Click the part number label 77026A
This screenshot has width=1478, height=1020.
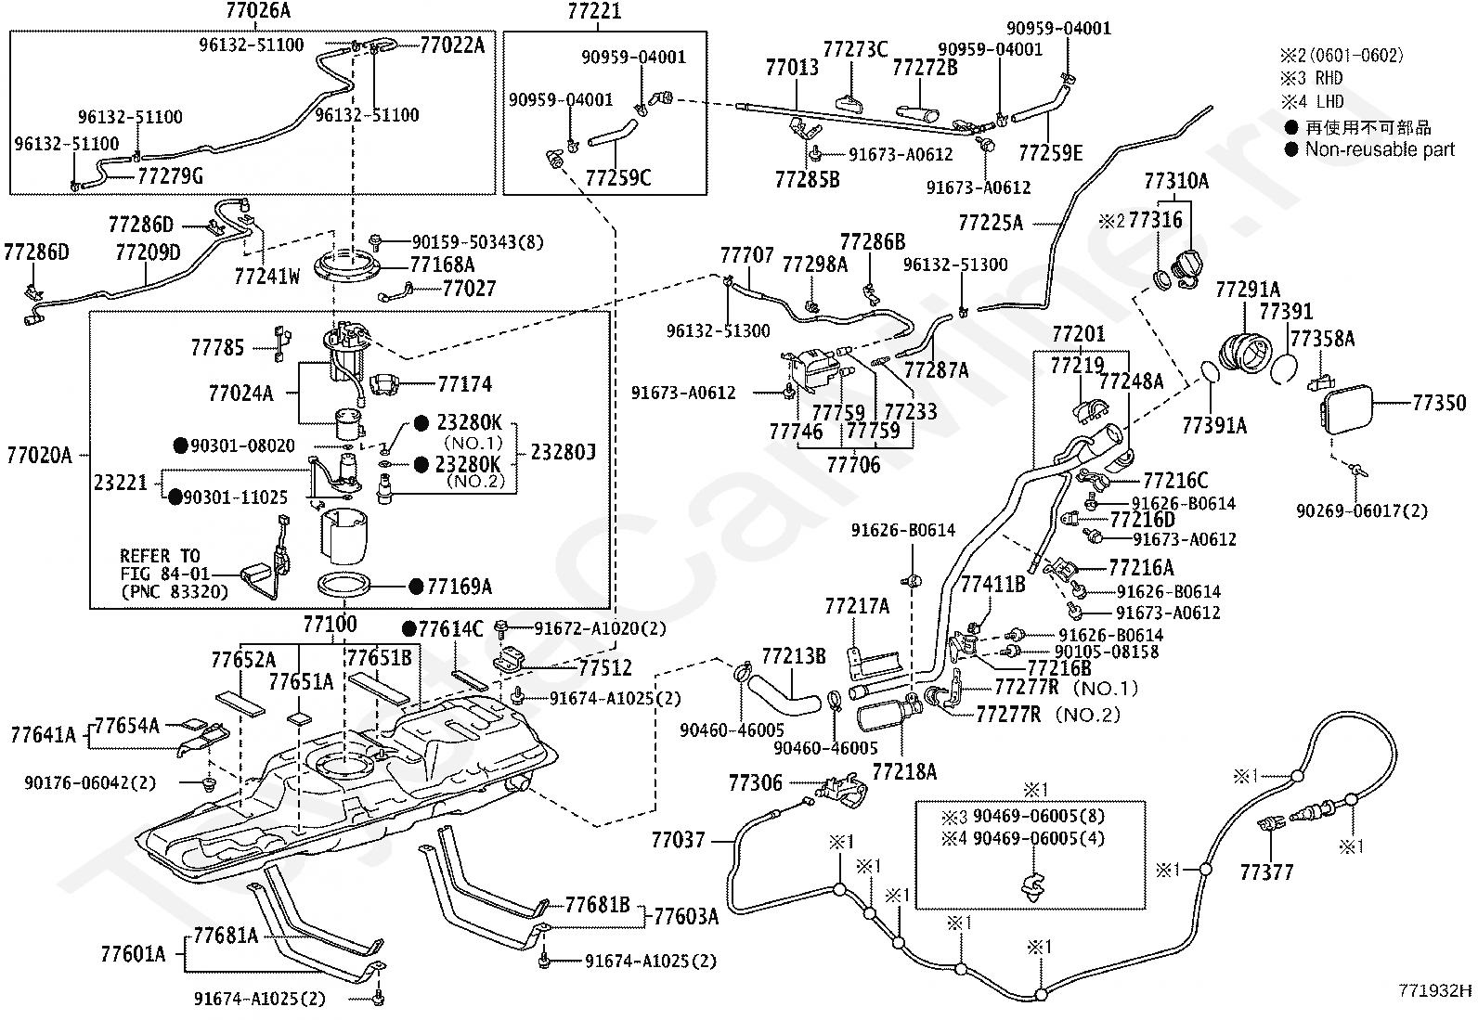pos(258,10)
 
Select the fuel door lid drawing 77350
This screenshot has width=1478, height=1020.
pos(1346,409)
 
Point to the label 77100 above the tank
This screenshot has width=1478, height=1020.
pos(330,624)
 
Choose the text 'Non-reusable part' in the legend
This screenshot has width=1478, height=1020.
pos(1380,149)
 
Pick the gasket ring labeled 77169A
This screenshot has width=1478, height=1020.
pos(344,585)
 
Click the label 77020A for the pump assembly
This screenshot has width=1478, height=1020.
pos(39,455)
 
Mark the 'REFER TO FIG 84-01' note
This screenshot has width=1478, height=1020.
pos(165,565)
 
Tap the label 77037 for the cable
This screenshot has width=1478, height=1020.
pos(679,840)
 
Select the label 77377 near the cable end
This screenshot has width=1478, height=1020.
pos(1267,872)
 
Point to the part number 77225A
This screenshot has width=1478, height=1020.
pos(991,223)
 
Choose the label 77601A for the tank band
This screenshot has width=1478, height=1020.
pos(133,954)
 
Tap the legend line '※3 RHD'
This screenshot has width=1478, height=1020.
pos(1311,78)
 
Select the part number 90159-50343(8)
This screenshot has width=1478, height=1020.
pos(478,242)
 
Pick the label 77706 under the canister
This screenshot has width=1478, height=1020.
pos(853,465)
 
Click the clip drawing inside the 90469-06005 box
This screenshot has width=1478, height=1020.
pos(1032,887)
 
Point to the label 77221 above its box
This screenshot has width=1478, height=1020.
pos(594,10)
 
